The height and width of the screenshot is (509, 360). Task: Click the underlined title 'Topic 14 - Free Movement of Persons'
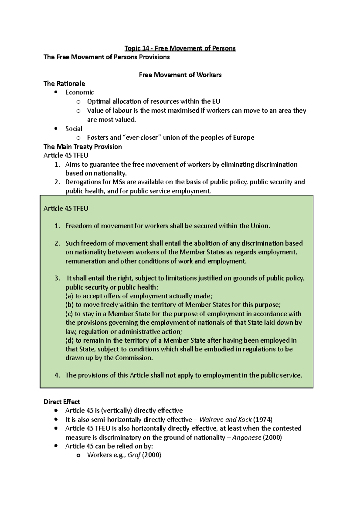click(180, 48)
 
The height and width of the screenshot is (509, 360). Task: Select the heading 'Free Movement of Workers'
click(180, 75)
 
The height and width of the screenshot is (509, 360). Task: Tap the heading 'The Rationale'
click(64, 84)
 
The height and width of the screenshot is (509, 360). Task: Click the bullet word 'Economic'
click(79, 92)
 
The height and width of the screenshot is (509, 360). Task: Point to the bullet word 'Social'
click(73, 129)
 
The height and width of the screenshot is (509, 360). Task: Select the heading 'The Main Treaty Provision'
click(82, 147)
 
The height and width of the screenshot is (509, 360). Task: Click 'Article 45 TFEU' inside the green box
click(66, 208)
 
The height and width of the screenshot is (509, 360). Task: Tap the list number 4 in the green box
click(57, 375)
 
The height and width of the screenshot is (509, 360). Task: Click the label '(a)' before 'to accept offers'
click(69, 296)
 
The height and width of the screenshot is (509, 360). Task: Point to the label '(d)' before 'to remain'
click(69, 341)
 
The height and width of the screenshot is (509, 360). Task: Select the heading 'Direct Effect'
click(61, 402)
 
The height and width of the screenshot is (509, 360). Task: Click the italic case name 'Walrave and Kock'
click(225, 420)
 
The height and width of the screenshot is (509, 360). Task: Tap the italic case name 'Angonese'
click(247, 438)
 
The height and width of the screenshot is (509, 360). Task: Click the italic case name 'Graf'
click(134, 455)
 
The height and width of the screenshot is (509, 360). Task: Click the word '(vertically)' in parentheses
click(116, 411)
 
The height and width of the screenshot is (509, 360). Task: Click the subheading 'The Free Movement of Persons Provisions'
click(106, 57)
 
